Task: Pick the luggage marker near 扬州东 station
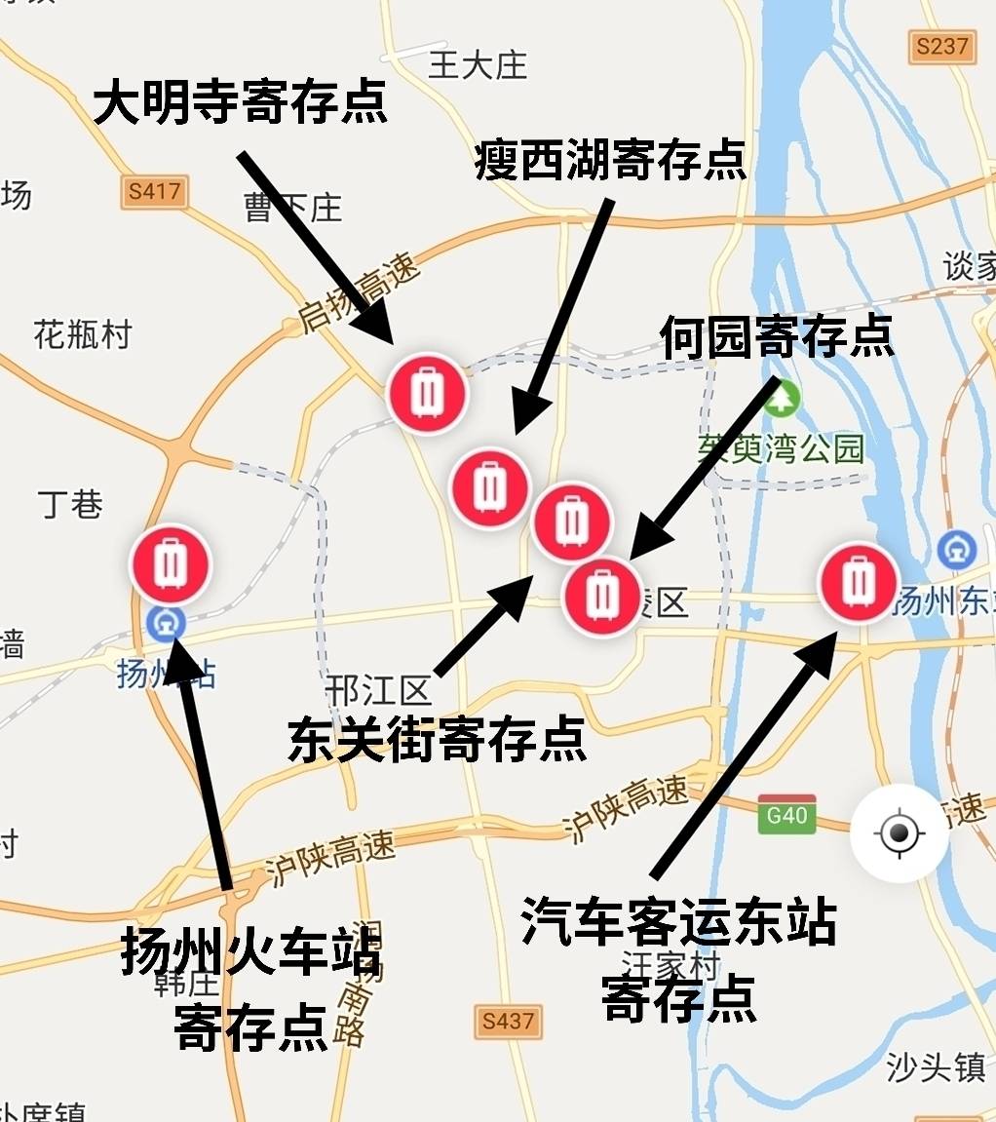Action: coord(858,582)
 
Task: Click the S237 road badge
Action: coord(942,46)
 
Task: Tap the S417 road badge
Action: coord(155,191)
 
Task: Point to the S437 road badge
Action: coord(509,1021)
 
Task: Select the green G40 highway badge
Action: coord(786,814)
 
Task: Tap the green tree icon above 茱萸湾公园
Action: coord(783,399)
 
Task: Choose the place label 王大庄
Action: coord(478,65)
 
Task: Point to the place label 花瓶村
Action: coord(82,334)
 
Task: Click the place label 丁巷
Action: coord(70,504)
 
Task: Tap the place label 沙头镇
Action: coord(936,1068)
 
